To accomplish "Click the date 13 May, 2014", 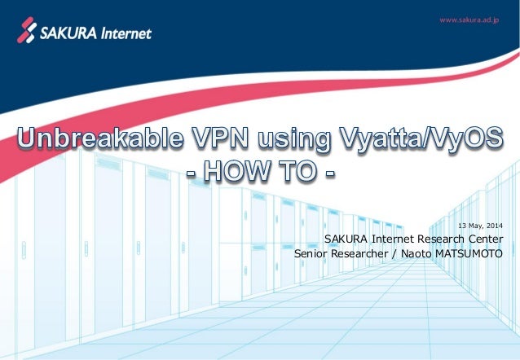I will click(x=480, y=225).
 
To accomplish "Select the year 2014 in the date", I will click(x=492, y=225).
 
